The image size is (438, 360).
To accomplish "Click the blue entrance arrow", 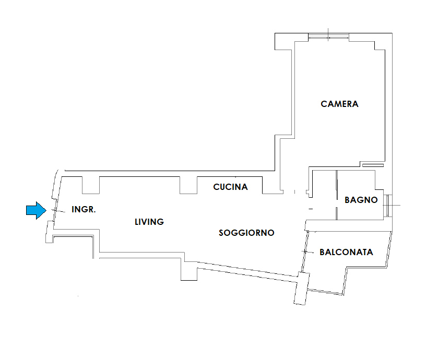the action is (36, 210).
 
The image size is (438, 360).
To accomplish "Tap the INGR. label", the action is (84, 209).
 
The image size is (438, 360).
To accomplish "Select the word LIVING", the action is (149, 222).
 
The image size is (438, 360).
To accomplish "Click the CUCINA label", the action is (230, 187).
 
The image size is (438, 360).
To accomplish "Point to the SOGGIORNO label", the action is (246, 233).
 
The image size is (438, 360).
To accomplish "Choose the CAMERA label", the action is (339, 104).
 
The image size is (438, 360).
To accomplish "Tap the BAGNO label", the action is (361, 200).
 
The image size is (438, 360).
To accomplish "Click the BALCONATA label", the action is (346, 252).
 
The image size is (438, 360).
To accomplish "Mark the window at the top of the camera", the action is (328, 37).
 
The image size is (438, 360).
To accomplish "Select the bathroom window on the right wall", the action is (387, 206).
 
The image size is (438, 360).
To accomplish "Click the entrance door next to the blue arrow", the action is (55, 210).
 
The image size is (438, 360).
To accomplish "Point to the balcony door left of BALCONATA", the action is (304, 251).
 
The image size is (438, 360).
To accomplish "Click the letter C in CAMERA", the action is (324, 104).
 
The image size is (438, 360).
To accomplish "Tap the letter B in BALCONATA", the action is (322, 252).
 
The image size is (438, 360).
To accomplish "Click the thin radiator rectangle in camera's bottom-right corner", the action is (373, 165).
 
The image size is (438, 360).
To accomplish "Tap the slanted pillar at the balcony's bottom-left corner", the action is (302, 289).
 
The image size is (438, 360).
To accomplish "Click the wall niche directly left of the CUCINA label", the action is (188, 185).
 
